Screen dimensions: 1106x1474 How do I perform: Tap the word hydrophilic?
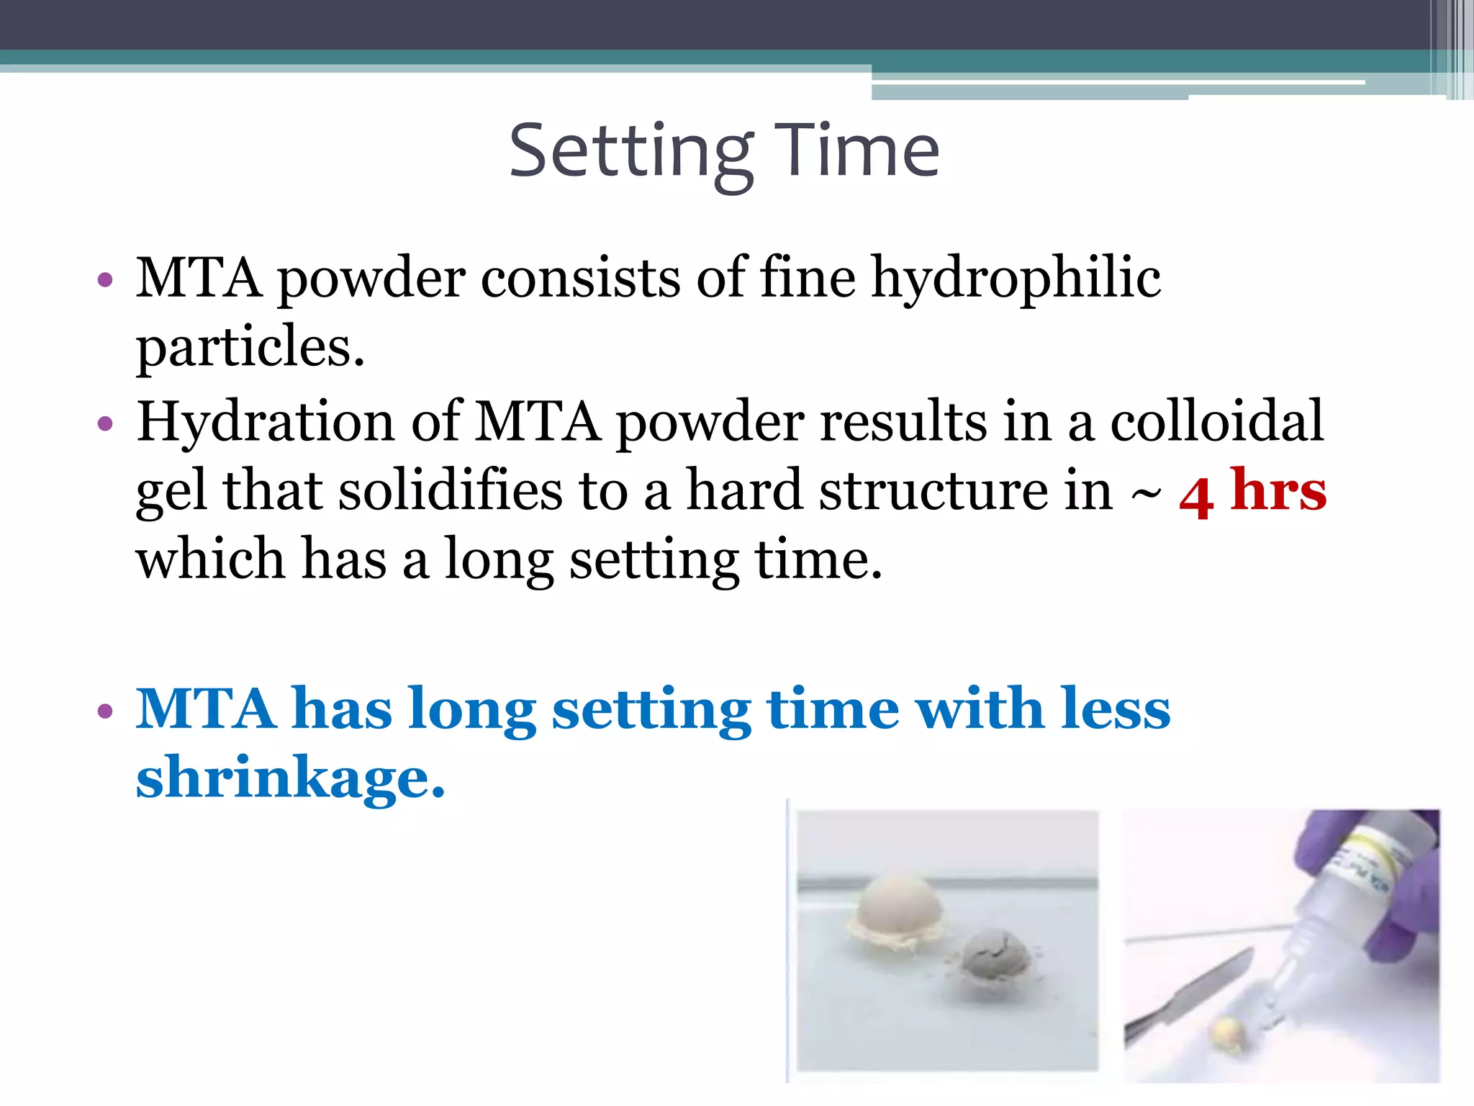point(1016,279)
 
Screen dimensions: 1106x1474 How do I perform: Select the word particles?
point(250,348)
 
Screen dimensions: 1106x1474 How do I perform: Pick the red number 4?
point(1196,497)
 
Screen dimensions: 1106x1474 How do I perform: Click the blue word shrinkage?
point(290,778)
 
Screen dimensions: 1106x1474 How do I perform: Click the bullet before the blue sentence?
point(105,711)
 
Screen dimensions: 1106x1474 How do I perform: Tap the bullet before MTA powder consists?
point(105,279)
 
